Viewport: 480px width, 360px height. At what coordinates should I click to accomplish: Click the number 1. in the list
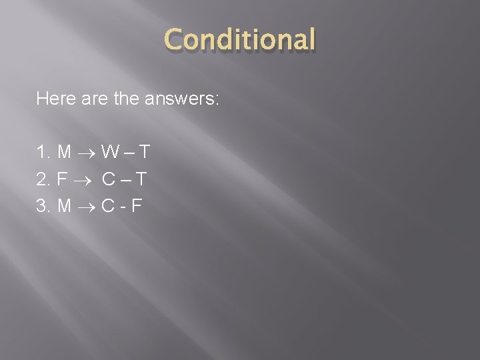43,153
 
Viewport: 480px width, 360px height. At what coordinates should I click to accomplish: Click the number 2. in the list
43,179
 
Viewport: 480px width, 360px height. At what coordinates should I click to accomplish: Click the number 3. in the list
43,205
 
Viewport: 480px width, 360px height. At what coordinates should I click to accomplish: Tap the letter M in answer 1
65,153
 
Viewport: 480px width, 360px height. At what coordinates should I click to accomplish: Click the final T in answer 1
143,153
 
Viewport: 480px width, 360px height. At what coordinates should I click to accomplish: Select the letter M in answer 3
65,205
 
